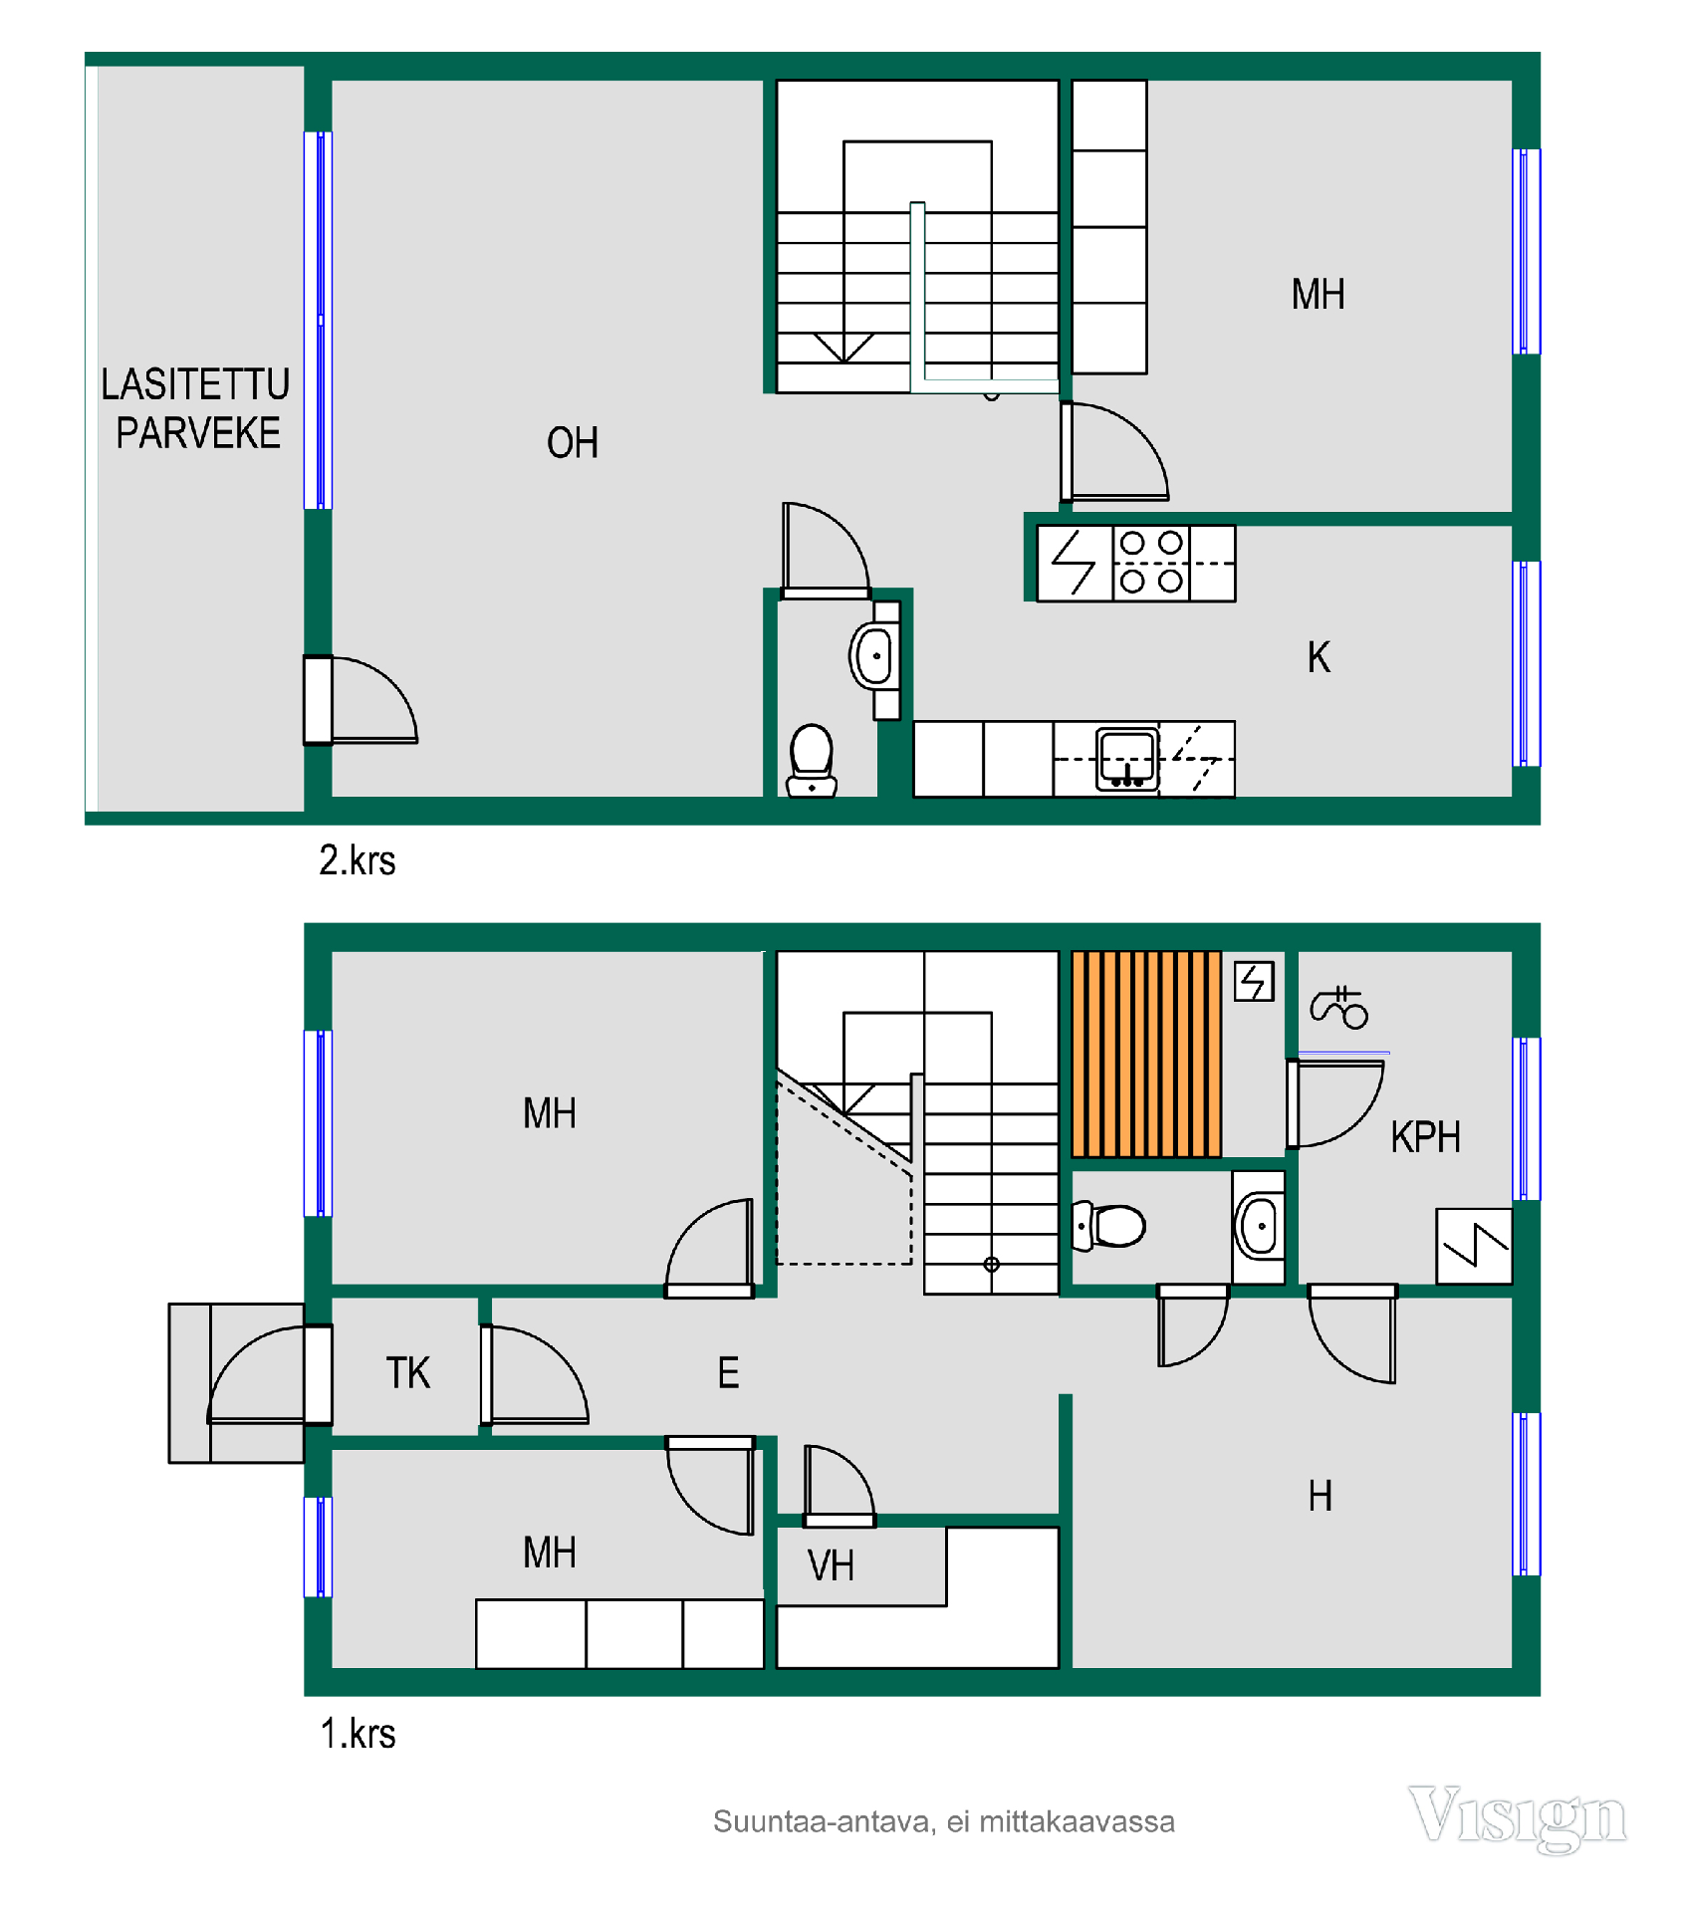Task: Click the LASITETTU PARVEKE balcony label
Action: pyautogui.click(x=196, y=408)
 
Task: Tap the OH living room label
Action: pyautogui.click(x=573, y=443)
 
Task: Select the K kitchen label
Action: pyautogui.click(x=1319, y=657)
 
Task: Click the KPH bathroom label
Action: pyautogui.click(x=1425, y=1136)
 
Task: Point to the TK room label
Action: pyautogui.click(x=408, y=1373)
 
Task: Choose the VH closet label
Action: pyautogui.click(x=831, y=1566)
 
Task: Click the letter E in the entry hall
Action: pyautogui.click(x=729, y=1373)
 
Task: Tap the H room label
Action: pyautogui.click(x=1321, y=1496)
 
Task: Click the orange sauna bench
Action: pyautogui.click(x=1146, y=1054)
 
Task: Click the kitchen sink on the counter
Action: pyautogui.click(x=1126, y=759)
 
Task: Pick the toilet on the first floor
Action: pyautogui.click(x=1108, y=1226)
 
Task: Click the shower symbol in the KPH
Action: pyautogui.click(x=1338, y=1007)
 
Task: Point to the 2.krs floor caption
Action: pyautogui.click(x=358, y=860)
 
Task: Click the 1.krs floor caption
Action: pyautogui.click(x=358, y=1734)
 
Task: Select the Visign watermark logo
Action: pyautogui.click(x=1518, y=1818)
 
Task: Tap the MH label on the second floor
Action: pyautogui.click(x=1318, y=295)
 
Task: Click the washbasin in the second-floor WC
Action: pyautogui.click(x=874, y=656)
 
